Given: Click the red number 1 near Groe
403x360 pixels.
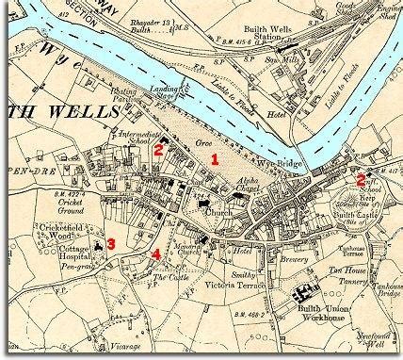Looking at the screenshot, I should [216, 159].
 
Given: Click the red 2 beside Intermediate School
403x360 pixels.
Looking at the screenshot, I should [160, 148].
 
